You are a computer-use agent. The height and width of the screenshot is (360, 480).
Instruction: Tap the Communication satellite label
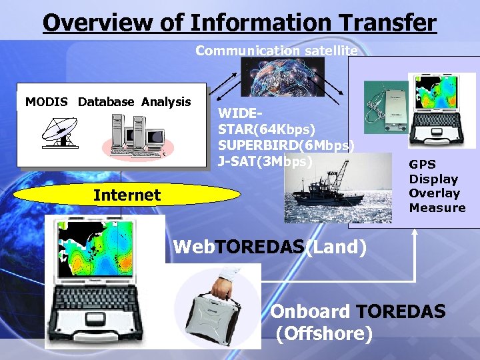276,50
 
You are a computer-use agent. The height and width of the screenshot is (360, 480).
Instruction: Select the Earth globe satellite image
283,77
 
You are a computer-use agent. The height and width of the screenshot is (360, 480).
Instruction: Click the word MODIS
47,102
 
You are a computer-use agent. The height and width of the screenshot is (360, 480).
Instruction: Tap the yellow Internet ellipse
127,195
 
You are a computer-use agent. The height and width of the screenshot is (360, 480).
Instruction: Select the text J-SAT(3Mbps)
265,161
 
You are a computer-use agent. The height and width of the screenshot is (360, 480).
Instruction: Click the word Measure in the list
437,208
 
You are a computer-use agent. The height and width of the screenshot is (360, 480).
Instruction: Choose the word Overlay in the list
435,193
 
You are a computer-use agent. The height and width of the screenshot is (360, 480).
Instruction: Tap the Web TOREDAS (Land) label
269,247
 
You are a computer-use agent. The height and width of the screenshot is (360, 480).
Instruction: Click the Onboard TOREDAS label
357,312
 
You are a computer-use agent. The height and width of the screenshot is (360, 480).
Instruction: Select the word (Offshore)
324,333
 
